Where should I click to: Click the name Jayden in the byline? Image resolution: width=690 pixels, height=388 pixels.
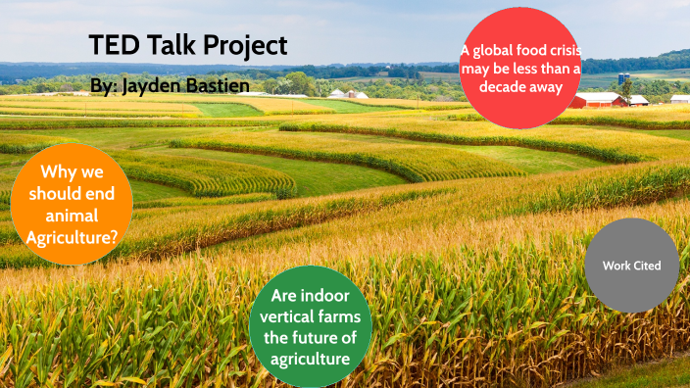148,86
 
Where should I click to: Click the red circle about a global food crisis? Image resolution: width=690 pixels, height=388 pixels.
520,69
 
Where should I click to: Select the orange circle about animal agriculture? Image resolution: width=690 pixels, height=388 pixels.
73,205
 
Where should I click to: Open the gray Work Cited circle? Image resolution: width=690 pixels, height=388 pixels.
631,266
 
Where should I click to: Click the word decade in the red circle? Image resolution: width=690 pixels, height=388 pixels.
504,86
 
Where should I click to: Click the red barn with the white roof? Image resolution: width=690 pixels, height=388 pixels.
599,99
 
